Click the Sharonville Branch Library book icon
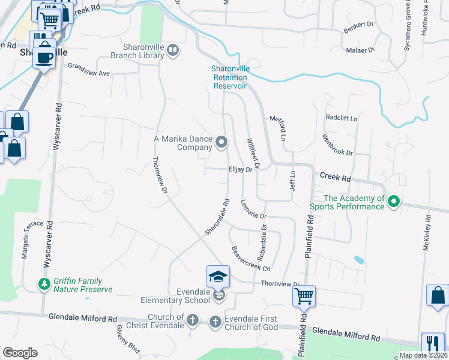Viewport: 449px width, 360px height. pyautogui.click(x=173, y=50)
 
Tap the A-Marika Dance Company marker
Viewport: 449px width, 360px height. pyautogui.click(x=221, y=142)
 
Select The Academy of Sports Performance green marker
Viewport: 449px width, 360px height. pyautogui.click(x=394, y=202)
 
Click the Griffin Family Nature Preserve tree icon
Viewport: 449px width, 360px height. pyautogui.click(x=44, y=284)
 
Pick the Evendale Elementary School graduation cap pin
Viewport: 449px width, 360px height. pyautogui.click(x=218, y=277)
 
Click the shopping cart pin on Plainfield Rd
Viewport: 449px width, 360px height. pyautogui.click(x=304, y=296)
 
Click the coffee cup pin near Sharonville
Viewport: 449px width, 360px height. pyautogui.click(x=43, y=57)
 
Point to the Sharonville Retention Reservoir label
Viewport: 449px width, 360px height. pyautogui.click(x=231, y=77)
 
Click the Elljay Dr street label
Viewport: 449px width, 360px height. pyautogui.click(x=240, y=170)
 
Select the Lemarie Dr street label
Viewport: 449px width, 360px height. pyautogui.click(x=253, y=209)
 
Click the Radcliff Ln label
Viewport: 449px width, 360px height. pyautogui.click(x=341, y=118)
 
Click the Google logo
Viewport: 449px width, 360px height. pyautogui.click(x=20, y=353)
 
